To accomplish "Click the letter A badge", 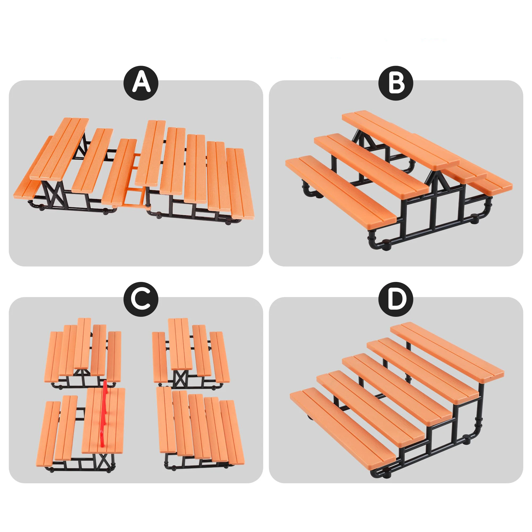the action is pyautogui.click(x=141, y=83).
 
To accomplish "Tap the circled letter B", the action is pyautogui.click(x=396, y=83).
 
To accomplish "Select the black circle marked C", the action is pyautogui.click(x=141, y=299).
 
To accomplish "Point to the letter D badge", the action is pyautogui.click(x=396, y=299).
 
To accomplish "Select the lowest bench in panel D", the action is pyautogui.click(x=343, y=419).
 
